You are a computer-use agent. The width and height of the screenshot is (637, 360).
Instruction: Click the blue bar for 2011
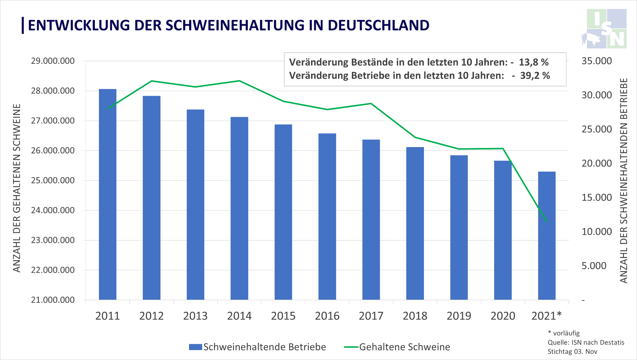pos(108,194)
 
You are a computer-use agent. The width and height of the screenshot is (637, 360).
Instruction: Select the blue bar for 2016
pos(327,216)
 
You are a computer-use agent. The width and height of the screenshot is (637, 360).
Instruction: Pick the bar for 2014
pos(239,208)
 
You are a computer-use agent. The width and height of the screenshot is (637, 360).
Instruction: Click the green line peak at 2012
pos(151,81)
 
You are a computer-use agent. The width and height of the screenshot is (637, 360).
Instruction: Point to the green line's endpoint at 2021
pos(547,222)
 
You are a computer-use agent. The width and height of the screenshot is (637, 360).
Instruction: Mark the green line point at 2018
pos(415,137)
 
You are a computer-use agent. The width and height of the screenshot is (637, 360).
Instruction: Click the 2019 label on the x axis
pos(459,316)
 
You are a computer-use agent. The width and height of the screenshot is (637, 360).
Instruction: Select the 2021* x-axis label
pos(546,316)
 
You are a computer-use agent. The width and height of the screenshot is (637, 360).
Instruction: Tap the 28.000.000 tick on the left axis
pos(53,91)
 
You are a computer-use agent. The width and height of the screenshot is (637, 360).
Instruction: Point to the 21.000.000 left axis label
pos(53,300)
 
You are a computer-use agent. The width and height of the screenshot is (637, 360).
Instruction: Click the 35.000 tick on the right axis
pos(597,61)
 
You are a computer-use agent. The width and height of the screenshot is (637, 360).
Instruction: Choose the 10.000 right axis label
pos(597,232)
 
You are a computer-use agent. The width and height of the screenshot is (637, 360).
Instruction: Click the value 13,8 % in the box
pos(533,62)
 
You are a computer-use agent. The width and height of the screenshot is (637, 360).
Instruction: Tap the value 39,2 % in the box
pos(535,76)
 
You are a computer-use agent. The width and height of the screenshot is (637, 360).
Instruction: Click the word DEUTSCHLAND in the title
pos(378,25)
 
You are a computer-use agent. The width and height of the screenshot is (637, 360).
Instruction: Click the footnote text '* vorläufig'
pos(564,333)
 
